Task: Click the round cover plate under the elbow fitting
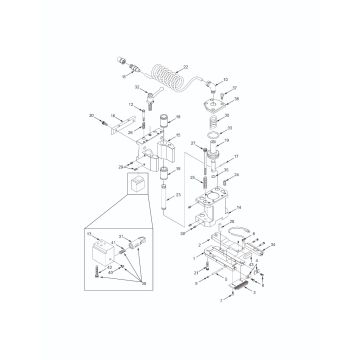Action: coord(214,109)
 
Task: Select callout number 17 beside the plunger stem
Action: coord(236,158)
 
